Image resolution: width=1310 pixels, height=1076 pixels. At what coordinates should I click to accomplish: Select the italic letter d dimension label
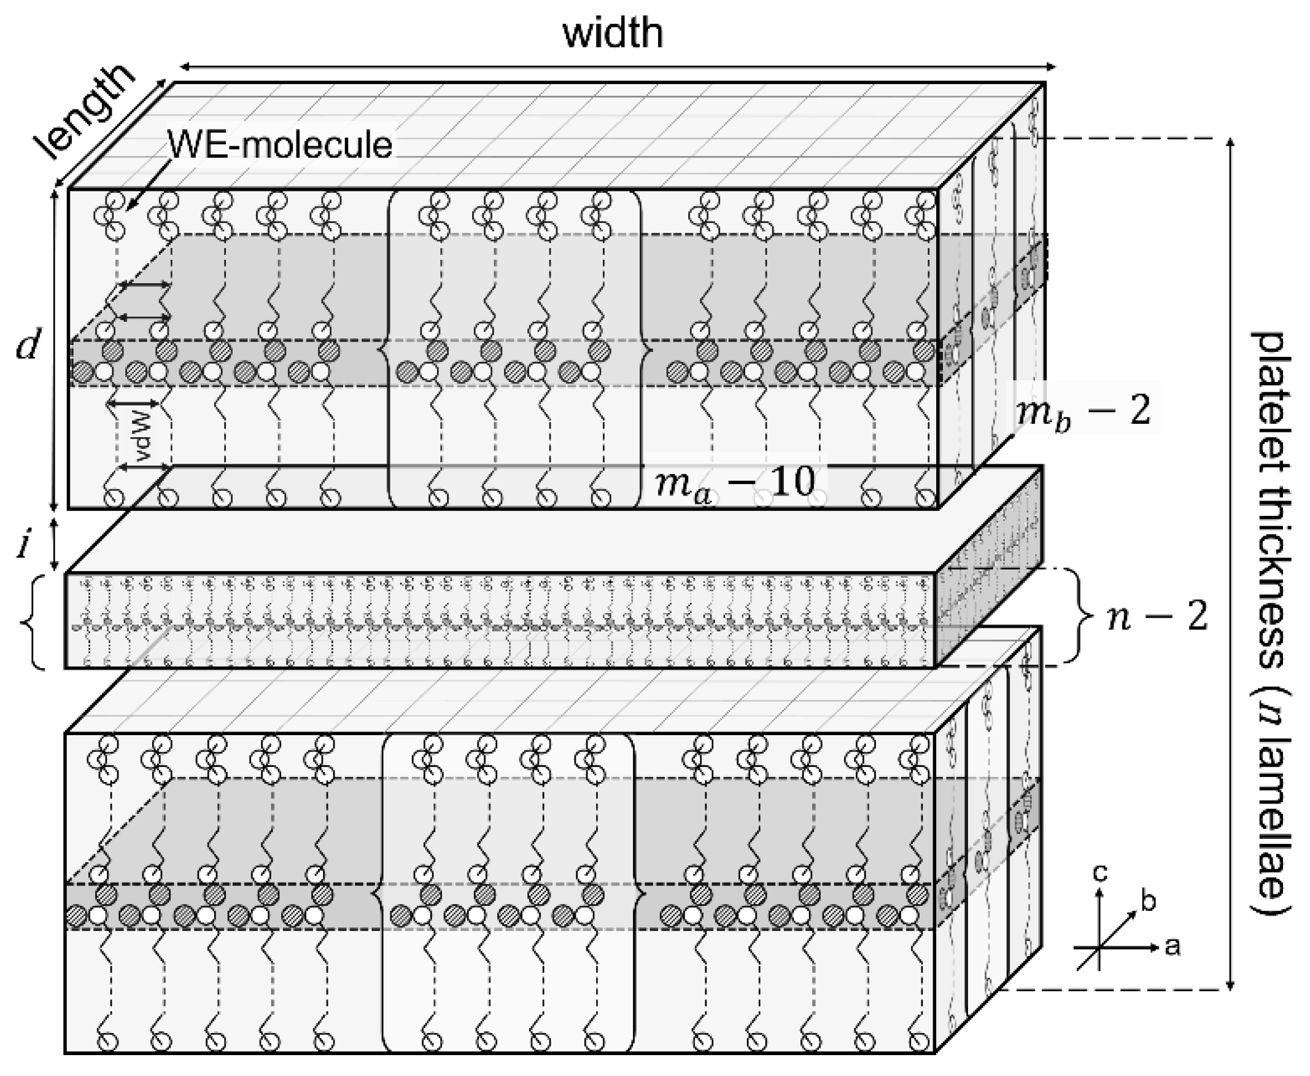pyautogui.click(x=28, y=345)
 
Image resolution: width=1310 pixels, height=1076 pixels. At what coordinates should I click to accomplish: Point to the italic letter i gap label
pyautogui.click(x=23, y=545)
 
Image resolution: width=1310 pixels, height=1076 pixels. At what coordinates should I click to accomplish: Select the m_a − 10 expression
pyautogui.click(x=734, y=482)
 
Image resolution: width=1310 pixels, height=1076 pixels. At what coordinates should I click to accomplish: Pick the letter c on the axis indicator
pyautogui.click(x=1100, y=873)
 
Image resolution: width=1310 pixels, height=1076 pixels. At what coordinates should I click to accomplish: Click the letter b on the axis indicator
pyautogui.click(x=1149, y=901)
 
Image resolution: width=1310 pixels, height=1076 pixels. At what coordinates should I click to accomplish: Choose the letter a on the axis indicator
pyautogui.click(x=1172, y=946)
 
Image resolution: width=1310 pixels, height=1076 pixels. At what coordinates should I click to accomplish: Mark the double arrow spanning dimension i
pyautogui.click(x=55, y=544)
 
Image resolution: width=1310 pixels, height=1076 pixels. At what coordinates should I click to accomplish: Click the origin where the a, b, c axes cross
pyautogui.click(x=1099, y=948)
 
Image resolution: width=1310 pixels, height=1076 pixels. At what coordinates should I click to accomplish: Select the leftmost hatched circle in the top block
pyautogui.click(x=83, y=373)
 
